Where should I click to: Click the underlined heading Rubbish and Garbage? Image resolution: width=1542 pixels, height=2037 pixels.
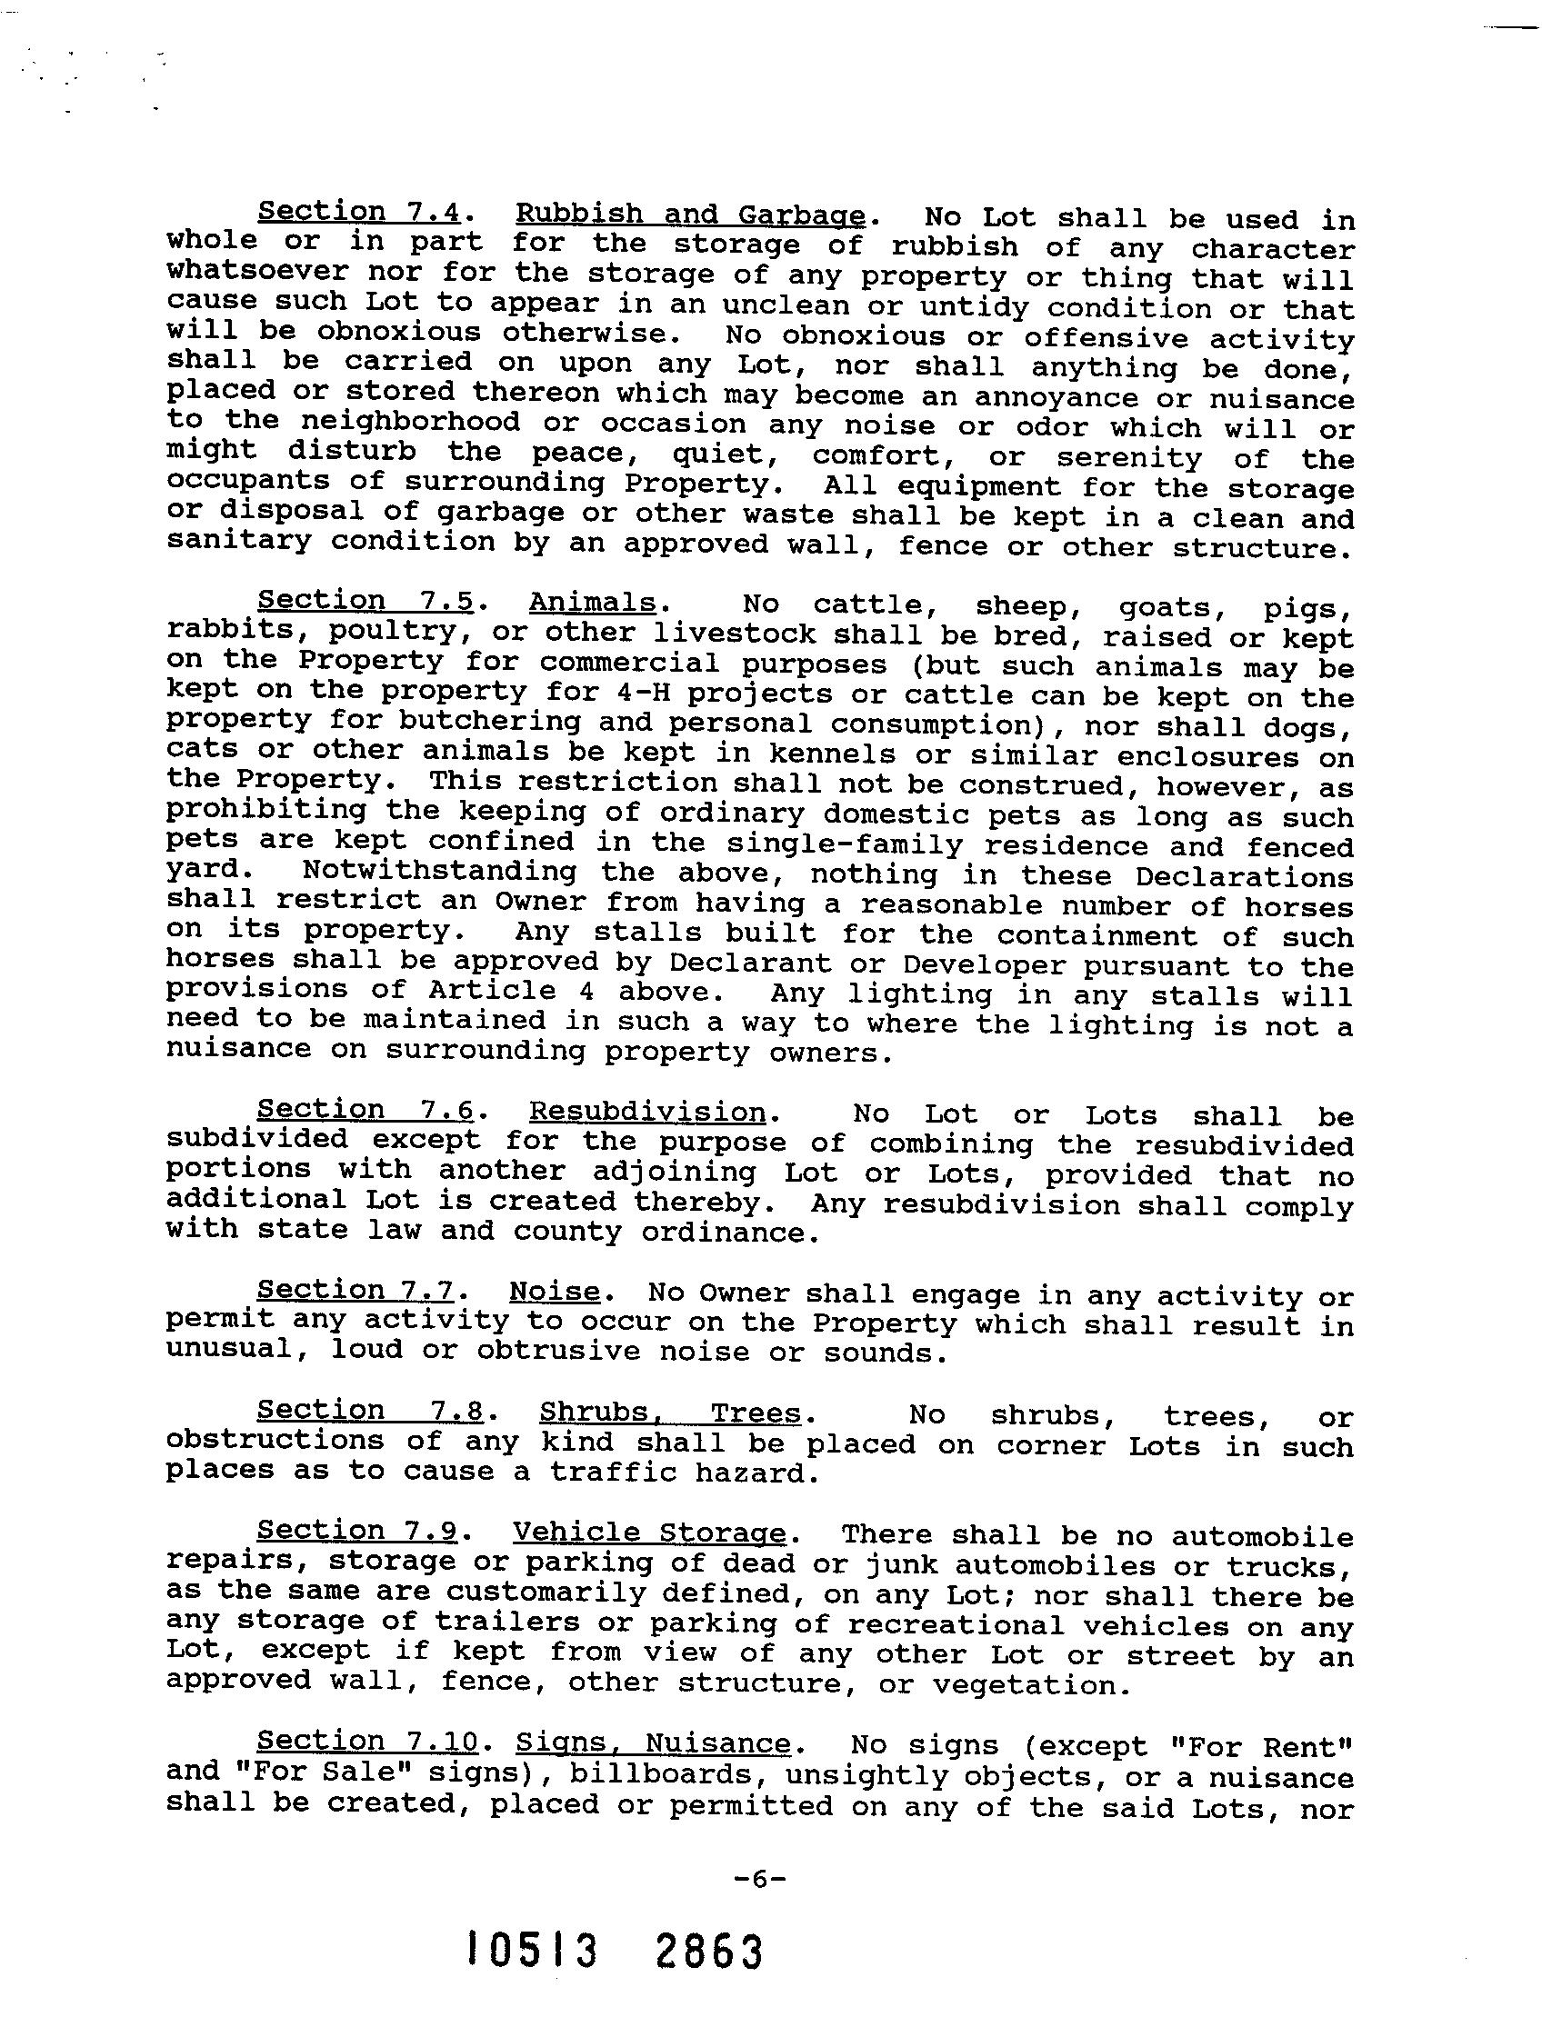689,215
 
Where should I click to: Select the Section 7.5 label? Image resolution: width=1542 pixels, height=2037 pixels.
365,601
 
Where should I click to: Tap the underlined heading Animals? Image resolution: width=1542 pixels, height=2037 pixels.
592,603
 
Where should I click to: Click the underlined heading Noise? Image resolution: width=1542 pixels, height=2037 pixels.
555,1291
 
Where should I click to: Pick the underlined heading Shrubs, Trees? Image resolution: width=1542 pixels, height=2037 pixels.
670,1412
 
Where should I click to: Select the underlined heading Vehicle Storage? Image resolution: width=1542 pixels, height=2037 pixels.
649,1533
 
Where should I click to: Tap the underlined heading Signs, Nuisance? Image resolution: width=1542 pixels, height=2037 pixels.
652,1743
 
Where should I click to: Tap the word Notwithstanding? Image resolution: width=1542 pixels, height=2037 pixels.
439,871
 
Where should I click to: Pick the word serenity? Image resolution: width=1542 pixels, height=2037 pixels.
1129,458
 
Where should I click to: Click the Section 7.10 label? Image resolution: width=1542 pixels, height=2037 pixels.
367,1742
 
